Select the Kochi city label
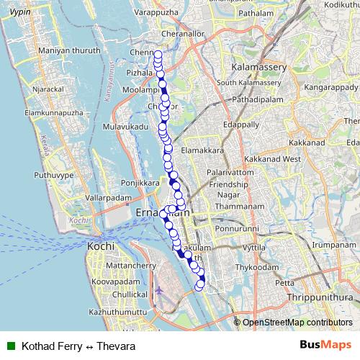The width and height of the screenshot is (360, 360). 100,246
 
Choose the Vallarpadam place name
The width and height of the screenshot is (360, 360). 107,197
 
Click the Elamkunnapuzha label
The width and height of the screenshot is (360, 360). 54,113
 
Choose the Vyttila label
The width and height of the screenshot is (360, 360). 255,246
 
